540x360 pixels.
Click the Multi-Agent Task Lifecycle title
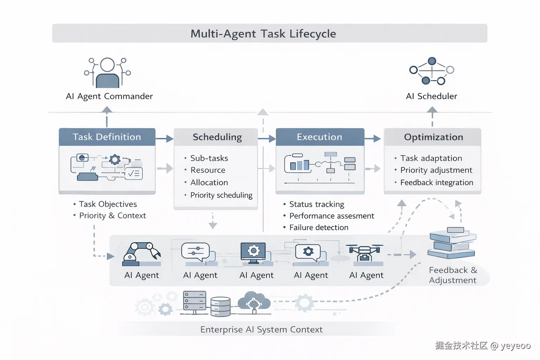click(x=263, y=34)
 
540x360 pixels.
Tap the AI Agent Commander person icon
click(x=107, y=73)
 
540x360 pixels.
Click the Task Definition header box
click(x=107, y=137)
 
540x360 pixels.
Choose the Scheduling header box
click(x=217, y=137)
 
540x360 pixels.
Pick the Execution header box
click(x=320, y=137)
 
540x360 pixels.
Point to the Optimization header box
click(x=433, y=137)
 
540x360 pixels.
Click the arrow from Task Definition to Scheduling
click(x=164, y=139)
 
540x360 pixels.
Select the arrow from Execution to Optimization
click(x=373, y=139)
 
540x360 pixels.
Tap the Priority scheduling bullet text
click(x=221, y=195)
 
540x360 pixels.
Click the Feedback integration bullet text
click(x=437, y=182)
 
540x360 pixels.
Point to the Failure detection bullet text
click(x=319, y=227)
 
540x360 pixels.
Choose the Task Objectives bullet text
click(x=108, y=204)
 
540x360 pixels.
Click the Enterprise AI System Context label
click(x=261, y=329)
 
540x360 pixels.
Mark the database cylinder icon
click(x=220, y=307)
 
